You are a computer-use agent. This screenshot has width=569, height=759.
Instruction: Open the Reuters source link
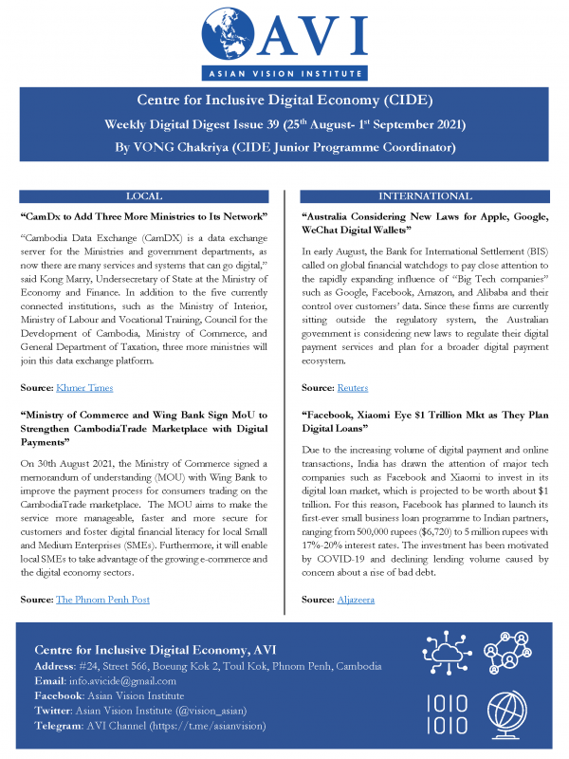click(x=353, y=388)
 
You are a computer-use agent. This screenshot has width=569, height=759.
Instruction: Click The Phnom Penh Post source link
click(x=102, y=600)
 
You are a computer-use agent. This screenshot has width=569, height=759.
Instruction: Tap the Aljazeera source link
click(x=357, y=600)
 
